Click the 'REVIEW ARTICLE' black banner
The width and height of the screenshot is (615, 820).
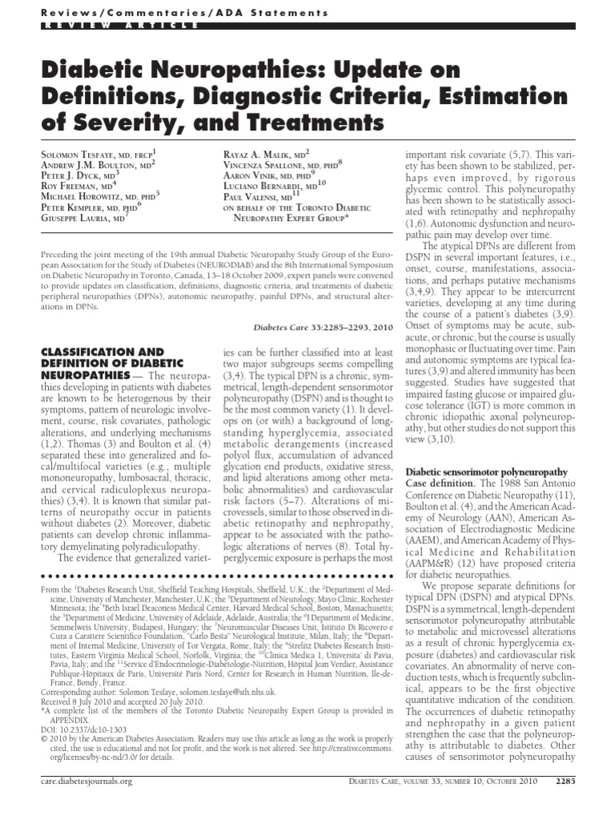pyautogui.click(x=112, y=26)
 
